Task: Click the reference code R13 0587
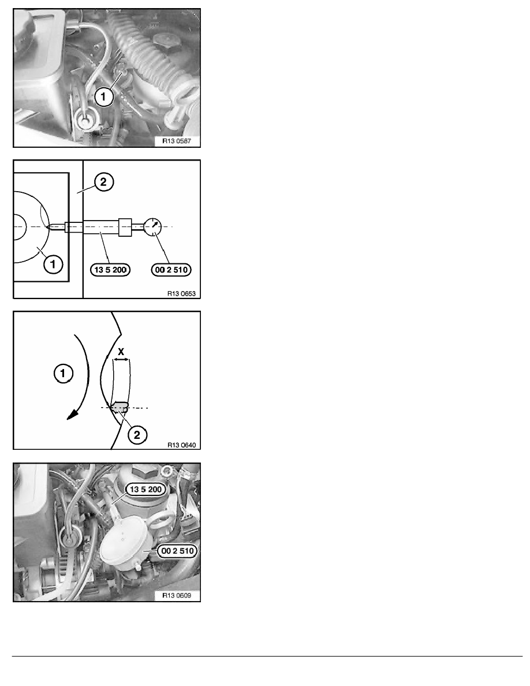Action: pos(177,141)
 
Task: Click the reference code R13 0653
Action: pos(181,293)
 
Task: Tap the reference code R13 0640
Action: pos(181,445)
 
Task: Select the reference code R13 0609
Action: pos(177,595)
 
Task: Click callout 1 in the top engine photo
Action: pos(104,96)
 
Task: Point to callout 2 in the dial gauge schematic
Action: pos(103,181)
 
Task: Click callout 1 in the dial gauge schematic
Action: pos(53,264)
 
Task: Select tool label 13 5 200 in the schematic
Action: pos(110,270)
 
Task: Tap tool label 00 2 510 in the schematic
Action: pos(171,270)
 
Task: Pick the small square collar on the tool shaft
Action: pos(125,226)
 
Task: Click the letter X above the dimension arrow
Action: pos(121,351)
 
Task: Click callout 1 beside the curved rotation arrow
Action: pos(63,374)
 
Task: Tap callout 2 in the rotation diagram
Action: pos(137,435)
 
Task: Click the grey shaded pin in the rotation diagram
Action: pos(119,407)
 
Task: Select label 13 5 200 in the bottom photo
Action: pos(145,489)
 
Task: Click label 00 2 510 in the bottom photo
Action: pos(177,551)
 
